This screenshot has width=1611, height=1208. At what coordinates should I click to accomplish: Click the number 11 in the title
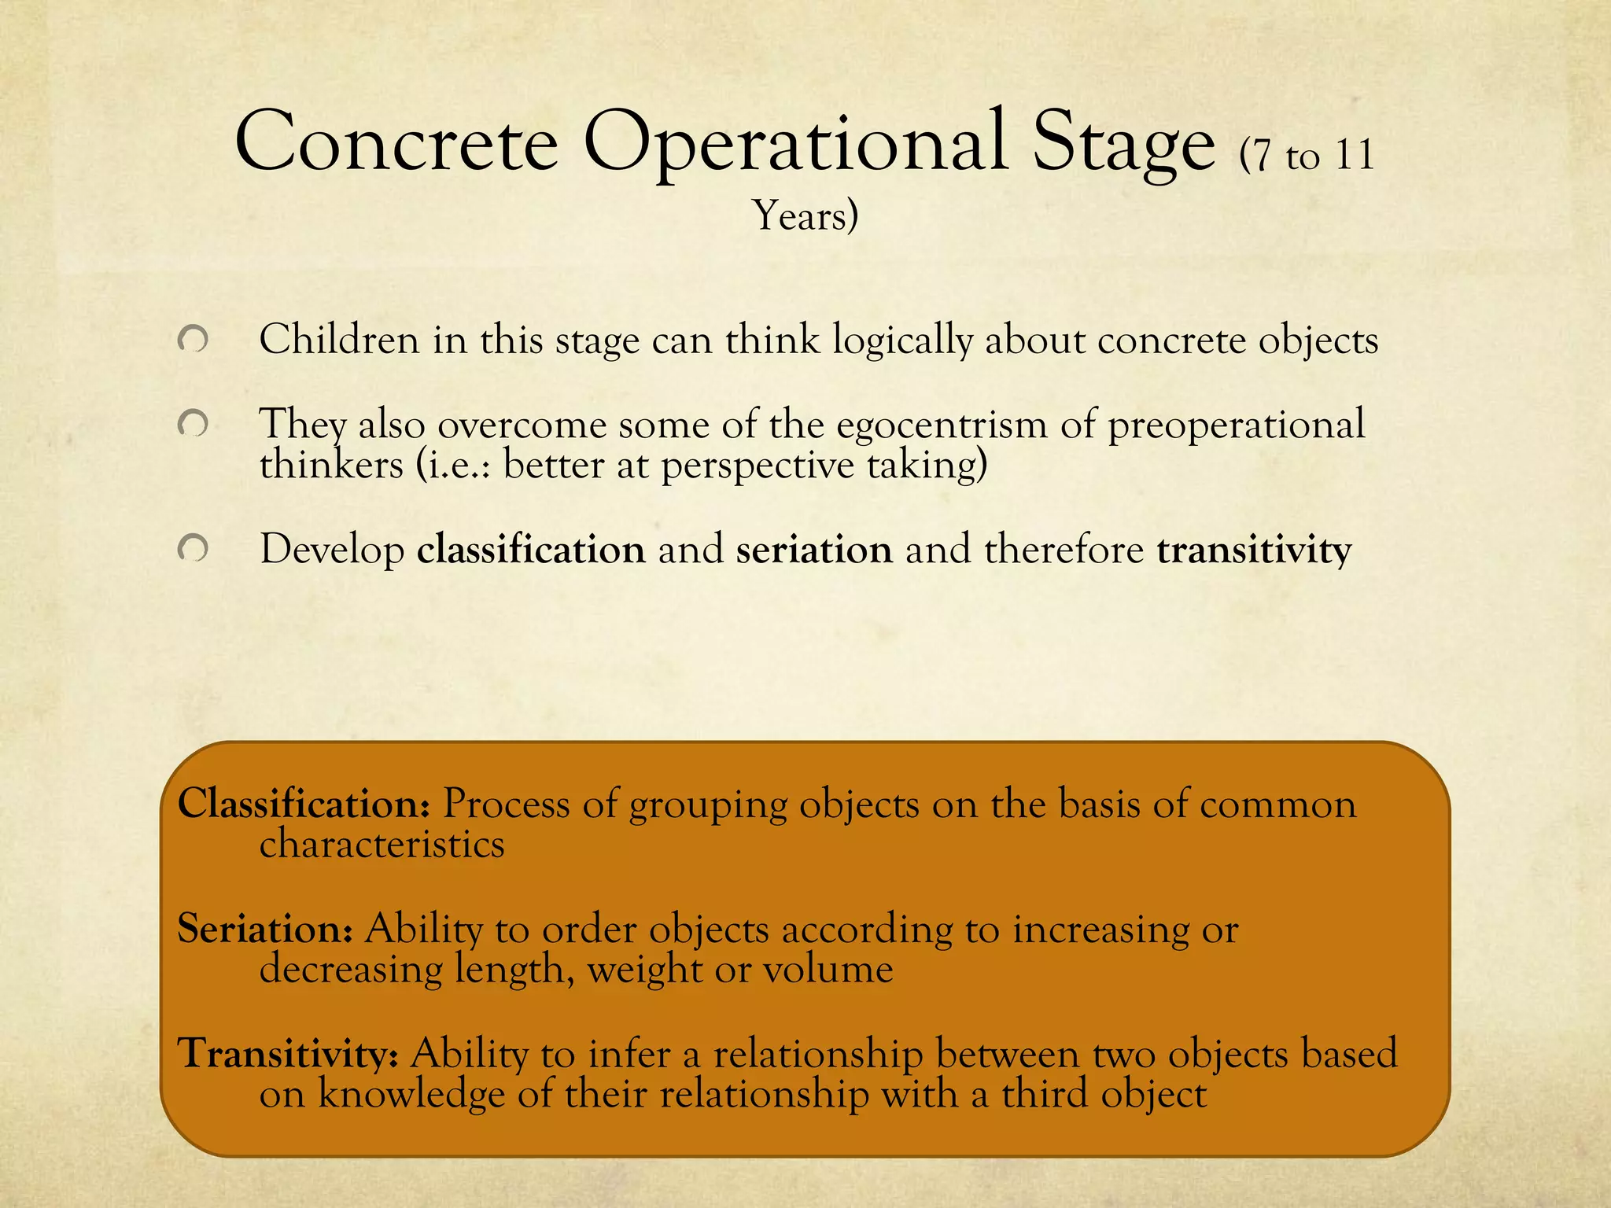1354,156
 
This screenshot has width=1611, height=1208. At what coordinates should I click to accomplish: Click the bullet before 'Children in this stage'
193,341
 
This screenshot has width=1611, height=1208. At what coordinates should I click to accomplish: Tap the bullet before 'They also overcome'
193,425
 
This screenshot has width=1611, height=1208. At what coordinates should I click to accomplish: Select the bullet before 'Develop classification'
193,549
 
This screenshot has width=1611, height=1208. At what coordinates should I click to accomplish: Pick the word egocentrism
942,425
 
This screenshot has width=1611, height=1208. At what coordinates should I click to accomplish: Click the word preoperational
1236,425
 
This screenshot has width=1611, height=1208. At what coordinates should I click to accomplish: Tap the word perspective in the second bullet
757,466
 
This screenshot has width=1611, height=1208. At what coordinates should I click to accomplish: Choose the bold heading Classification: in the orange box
304,805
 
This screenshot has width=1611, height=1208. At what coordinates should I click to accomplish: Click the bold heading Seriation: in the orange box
264,929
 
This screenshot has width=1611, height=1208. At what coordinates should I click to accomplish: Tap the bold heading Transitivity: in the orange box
289,1054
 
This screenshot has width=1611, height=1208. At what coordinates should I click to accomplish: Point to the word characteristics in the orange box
382,845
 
